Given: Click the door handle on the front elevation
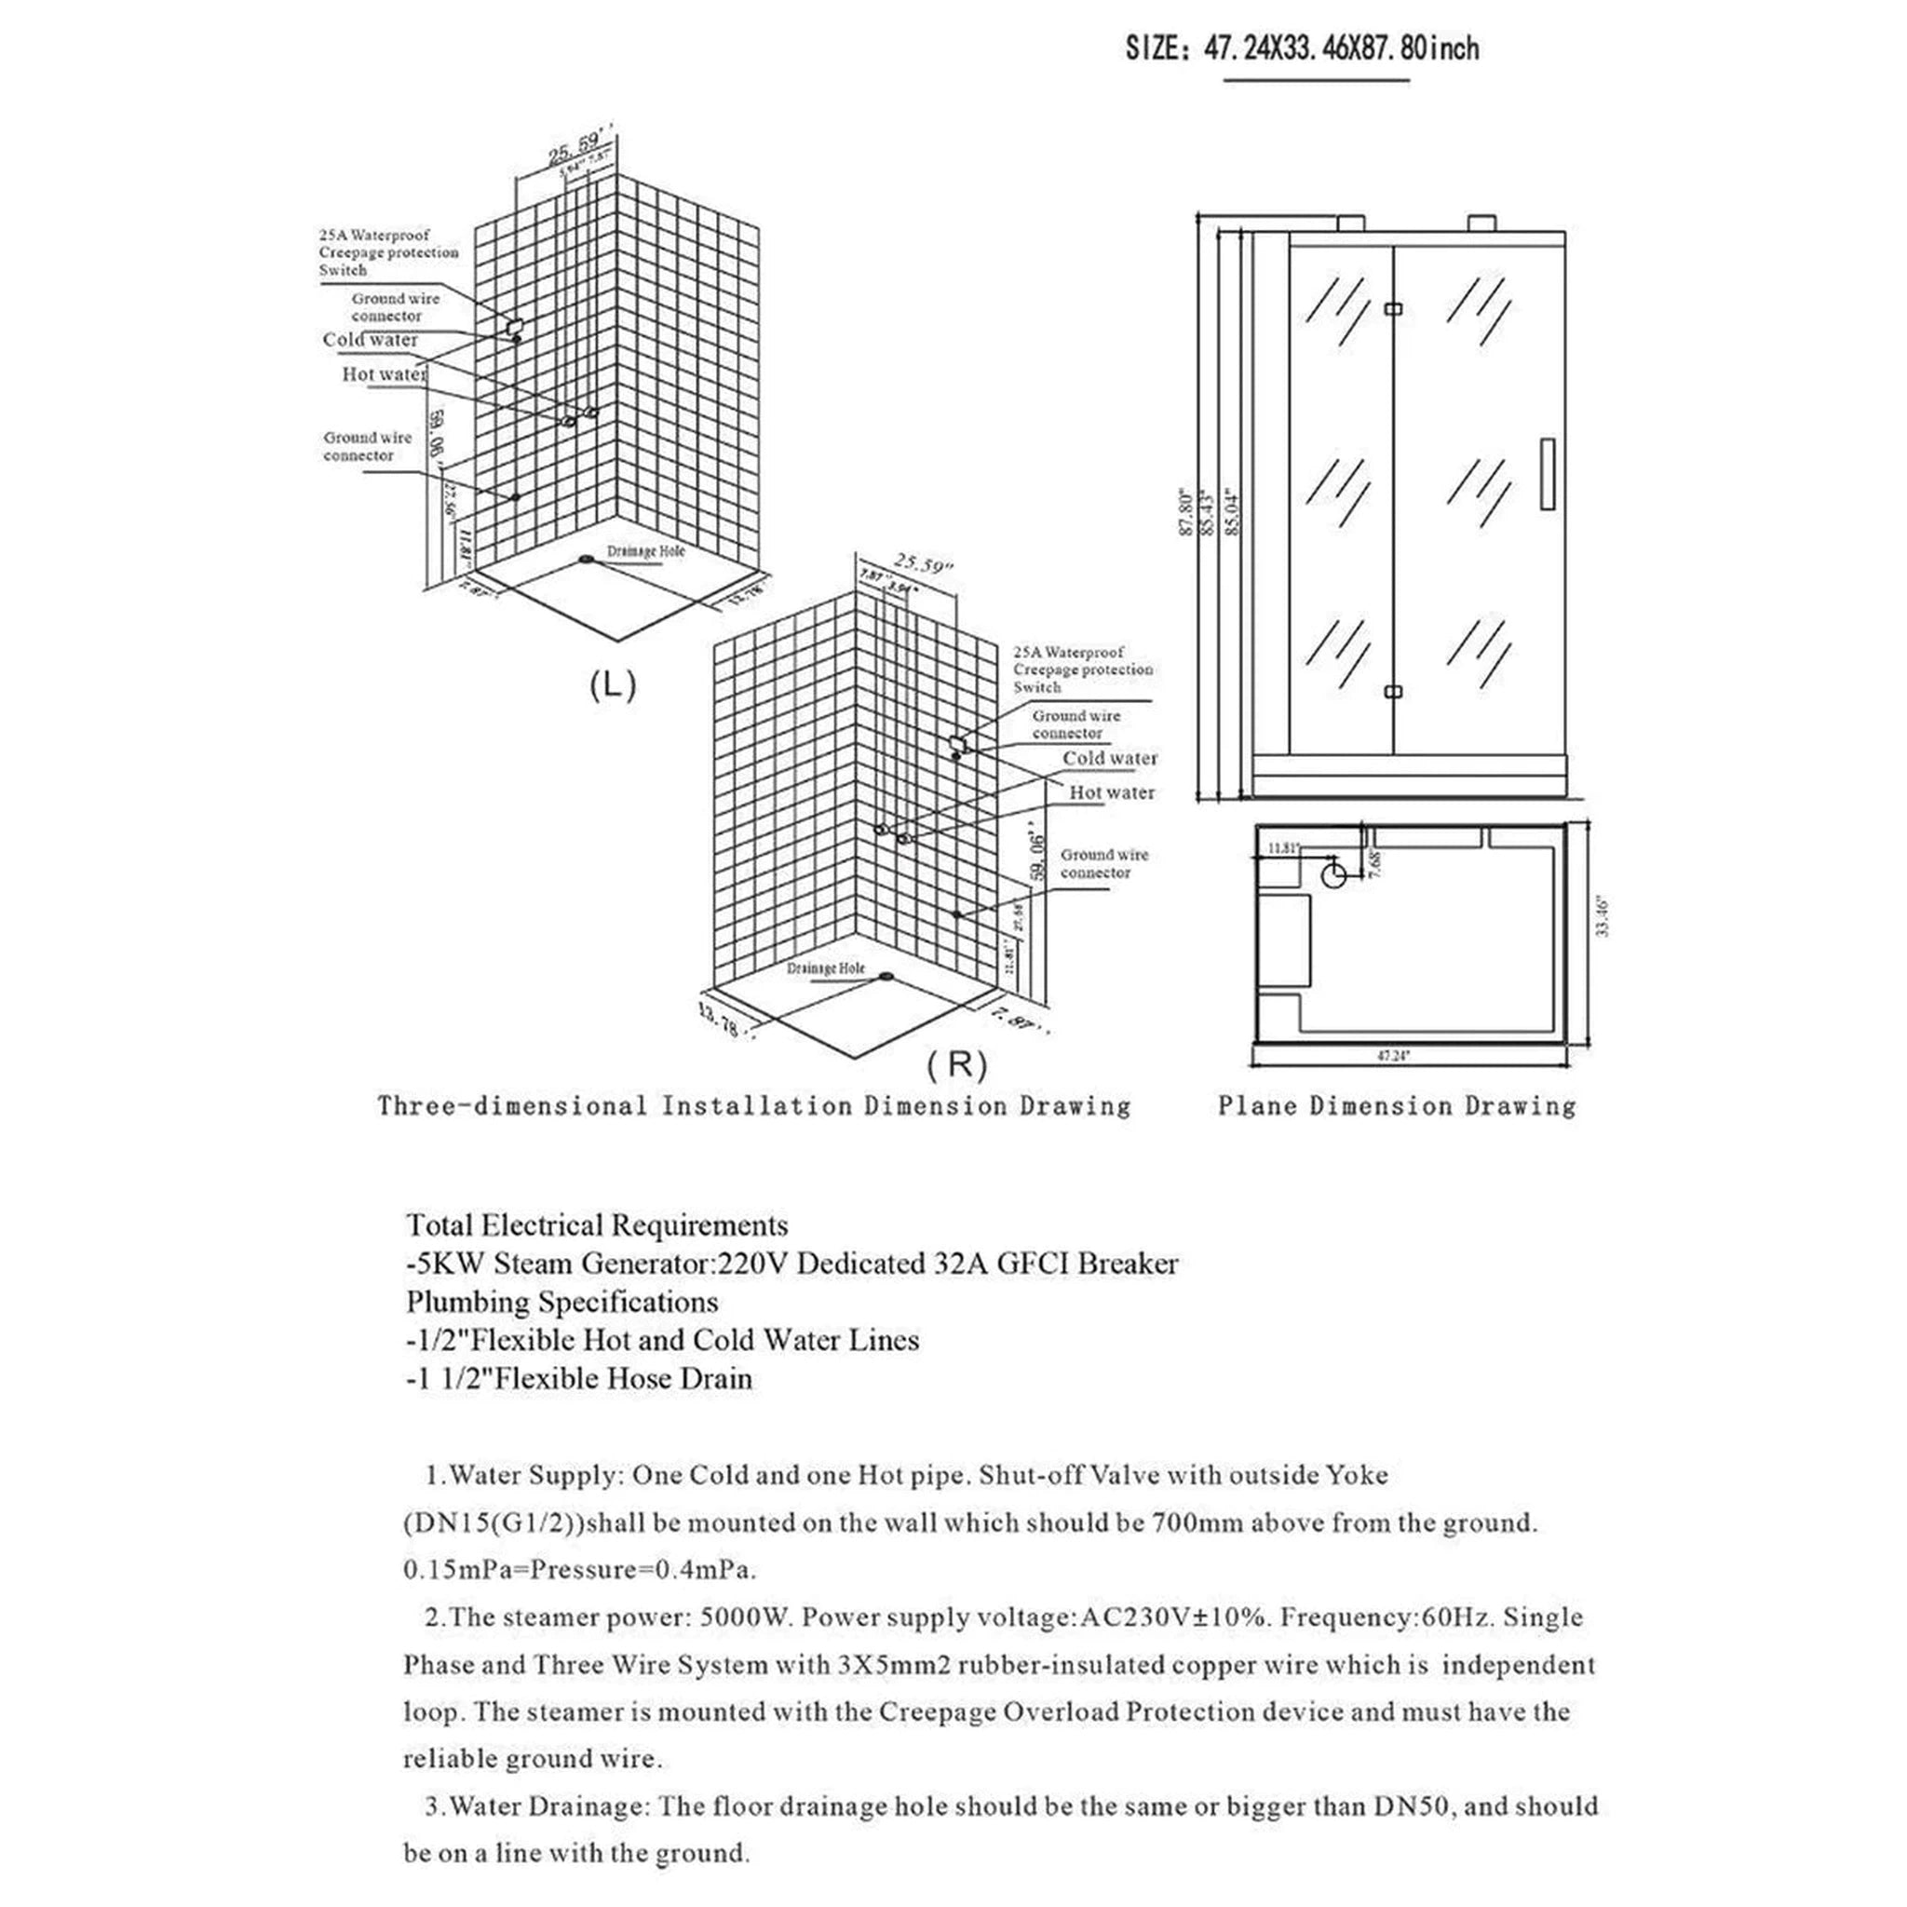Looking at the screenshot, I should tap(1547, 474).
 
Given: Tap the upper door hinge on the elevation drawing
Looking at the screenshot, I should tap(1393, 309).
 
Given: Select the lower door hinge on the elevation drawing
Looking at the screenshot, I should tap(1393, 691).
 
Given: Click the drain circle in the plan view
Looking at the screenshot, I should tap(1333, 872).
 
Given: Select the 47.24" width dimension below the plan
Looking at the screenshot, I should tap(1393, 1055).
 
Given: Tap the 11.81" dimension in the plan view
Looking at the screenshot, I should tap(1284, 847).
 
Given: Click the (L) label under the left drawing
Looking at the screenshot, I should tap(612, 685).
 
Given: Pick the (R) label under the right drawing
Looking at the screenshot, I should tap(956, 1064).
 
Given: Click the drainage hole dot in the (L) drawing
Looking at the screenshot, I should tap(588, 560).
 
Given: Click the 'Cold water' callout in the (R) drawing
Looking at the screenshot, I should tap(1109, 758).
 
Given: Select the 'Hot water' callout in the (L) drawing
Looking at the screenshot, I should tap(384, 374).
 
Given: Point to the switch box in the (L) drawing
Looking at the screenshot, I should tap(512, 326).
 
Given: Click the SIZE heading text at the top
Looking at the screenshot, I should tap(1302, 47).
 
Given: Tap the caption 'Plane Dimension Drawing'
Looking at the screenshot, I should tap(1396, 1105).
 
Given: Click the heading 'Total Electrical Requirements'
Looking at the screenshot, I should tap(597, 1225).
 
